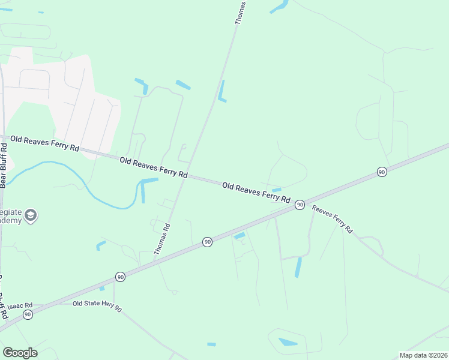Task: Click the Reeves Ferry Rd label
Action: click(332, 221)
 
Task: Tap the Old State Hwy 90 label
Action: click(97, 306)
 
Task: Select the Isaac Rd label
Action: click(20, 305)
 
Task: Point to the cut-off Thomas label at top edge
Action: click(240, 12)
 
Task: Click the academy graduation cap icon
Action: click(31, 215)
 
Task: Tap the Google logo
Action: click(20, 353)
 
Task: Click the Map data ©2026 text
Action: click(423, 355)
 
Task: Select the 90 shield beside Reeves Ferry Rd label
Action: click(300, 205)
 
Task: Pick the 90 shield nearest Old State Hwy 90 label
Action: click(121, 277)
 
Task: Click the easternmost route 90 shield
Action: click(382, 172)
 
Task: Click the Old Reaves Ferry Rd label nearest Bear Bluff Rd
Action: click(45, 143)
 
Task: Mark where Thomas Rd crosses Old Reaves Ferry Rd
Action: click(188, 176)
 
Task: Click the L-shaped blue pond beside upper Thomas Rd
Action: click(222, 92)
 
